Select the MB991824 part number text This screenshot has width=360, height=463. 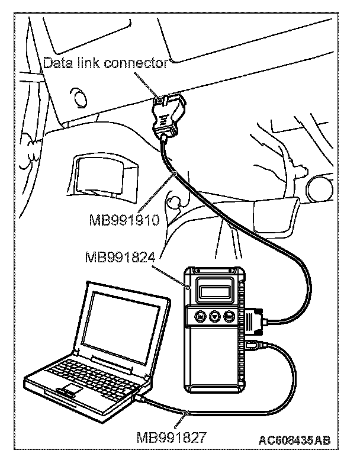pyautogui.click(x=120, y=258)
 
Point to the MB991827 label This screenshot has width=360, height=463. pyautogui.click(x=171, y=439)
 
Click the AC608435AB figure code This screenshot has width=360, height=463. pyautogui.click(x=294, y=440)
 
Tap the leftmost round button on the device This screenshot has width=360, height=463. pyautogui.click(x=200, y=317)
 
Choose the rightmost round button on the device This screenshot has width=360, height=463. pyautogui.click(x=229, y=317)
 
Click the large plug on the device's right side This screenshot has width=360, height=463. pyautogui.click(x=255, y=320)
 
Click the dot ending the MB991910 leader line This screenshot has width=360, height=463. pyautogui.click(x=174, y=173)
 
